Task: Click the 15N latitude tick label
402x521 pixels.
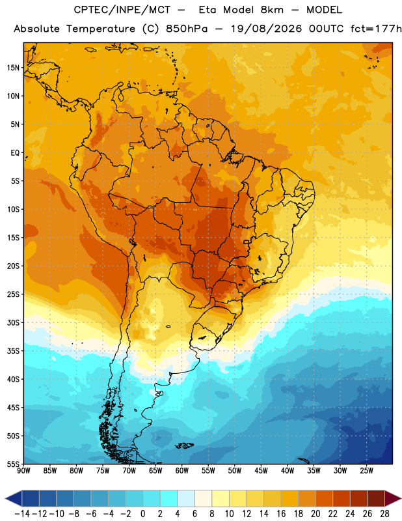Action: pos(13,68)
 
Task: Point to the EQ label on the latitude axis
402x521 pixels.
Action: pos(15,153)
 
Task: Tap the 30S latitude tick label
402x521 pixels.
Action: pos(13,322)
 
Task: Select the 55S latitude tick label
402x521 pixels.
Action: pos(13,464)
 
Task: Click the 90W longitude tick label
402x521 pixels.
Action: pos(23,471)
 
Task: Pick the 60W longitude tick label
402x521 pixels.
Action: pos(182,471)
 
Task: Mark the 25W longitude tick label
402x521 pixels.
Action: pos(366,471)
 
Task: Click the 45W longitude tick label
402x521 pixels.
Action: pos(261,471)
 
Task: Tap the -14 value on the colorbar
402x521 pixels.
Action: pos(22,514)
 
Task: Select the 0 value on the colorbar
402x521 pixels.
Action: pos(142,514)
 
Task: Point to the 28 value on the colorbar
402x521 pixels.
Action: pos(384,514)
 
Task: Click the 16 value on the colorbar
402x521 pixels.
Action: pos(281,514)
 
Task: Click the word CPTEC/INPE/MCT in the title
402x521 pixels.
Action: pos(122,10)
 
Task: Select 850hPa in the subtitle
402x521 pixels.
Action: pos(187,29)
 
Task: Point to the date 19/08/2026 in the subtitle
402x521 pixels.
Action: pos(266,29)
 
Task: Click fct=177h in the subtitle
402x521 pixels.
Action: pos(376,29)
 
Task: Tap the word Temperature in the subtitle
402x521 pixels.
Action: pos(101,29)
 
